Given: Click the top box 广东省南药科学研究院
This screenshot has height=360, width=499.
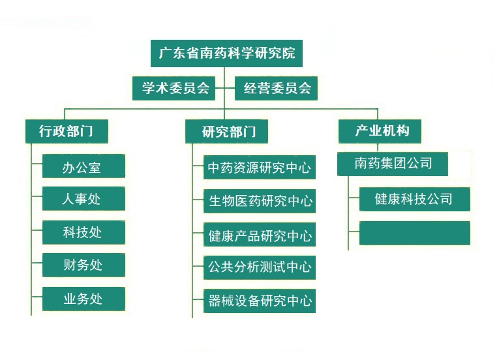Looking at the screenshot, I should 226,53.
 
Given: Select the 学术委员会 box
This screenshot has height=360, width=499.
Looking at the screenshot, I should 175,88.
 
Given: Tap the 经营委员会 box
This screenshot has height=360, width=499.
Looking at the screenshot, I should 277,88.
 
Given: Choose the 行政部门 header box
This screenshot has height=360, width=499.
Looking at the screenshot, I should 66,130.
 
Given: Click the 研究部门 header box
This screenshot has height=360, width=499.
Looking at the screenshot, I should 226,131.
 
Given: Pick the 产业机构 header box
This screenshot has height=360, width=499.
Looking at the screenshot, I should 380,130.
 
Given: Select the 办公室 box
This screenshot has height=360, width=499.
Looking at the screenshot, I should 83,166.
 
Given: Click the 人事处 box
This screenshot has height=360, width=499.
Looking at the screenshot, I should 83,198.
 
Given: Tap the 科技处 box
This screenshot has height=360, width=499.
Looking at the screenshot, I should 83,232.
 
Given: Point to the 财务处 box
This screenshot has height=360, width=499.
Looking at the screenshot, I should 83,265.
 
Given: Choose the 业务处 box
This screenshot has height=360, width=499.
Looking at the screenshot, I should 83,299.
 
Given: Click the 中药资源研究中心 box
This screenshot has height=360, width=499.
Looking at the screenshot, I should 259,168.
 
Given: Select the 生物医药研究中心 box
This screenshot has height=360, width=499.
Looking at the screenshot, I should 259,201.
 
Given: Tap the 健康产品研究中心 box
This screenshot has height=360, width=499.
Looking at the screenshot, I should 259,235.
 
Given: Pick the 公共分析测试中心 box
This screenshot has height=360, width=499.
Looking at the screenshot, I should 259,267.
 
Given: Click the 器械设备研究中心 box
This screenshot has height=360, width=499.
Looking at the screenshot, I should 259,301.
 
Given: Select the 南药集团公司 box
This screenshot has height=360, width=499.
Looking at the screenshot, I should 393,164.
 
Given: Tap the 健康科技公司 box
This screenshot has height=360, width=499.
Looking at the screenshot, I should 414,199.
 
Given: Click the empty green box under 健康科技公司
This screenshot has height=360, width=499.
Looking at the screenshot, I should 414,233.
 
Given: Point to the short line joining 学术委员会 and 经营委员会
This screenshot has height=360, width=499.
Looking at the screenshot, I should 225,88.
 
